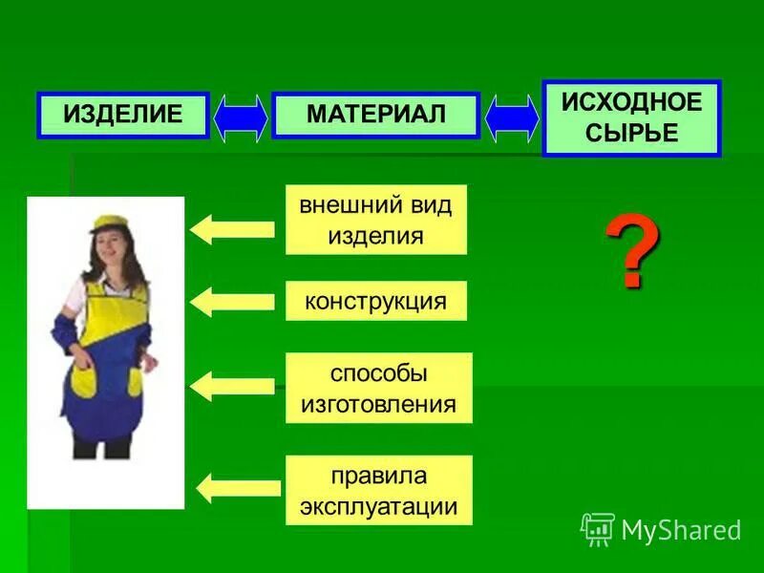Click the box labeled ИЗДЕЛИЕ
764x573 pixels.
tap(123, 116)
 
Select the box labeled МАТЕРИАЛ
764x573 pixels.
tap(375, 116)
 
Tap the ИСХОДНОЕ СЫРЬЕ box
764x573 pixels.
tap(631, 118)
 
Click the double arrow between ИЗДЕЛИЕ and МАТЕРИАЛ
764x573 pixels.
tap(241, 117)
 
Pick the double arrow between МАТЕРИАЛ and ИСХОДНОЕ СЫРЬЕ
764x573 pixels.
tap(512, 117)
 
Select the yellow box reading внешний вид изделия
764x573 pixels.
tap(375, 220)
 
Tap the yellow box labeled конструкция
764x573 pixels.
tap(375, 301)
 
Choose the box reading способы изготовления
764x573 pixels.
tap(378, 388)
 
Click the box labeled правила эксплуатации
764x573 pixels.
tap(378, 491)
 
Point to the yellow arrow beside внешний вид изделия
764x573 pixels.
tap(232, 229)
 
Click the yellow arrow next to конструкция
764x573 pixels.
tap(232, 303)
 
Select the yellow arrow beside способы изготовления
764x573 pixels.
tap(232, 387)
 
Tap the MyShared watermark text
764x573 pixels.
tap(681, 530)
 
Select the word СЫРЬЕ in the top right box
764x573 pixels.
tap(631, 133)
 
